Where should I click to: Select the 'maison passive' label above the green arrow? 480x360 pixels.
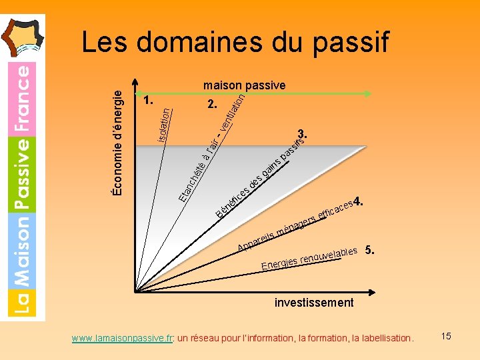[x=244, y=85]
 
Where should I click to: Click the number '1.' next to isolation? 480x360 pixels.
[x=148, y=101]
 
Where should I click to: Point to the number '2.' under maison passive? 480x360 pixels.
[x=212, y=105]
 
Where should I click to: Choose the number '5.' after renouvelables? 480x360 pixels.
[x=371, y=251]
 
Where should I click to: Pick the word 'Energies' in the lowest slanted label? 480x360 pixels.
[x=279, y=264]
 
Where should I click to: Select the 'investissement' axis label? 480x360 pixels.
[x=314, y=303]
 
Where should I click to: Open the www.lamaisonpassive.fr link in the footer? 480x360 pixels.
[x=123, y=338]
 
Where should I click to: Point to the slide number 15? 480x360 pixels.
[x=445, y=336]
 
